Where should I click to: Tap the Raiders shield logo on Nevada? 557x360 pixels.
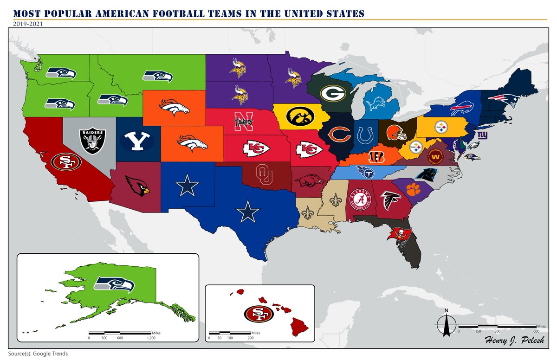(x=93, y=141)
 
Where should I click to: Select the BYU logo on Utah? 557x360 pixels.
(x=137, y=141)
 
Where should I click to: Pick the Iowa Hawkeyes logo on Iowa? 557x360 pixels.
(x=297, y=116)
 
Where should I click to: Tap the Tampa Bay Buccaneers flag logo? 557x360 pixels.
(x=398, y=234)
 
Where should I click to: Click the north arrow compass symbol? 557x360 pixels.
(x=446, y=323)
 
